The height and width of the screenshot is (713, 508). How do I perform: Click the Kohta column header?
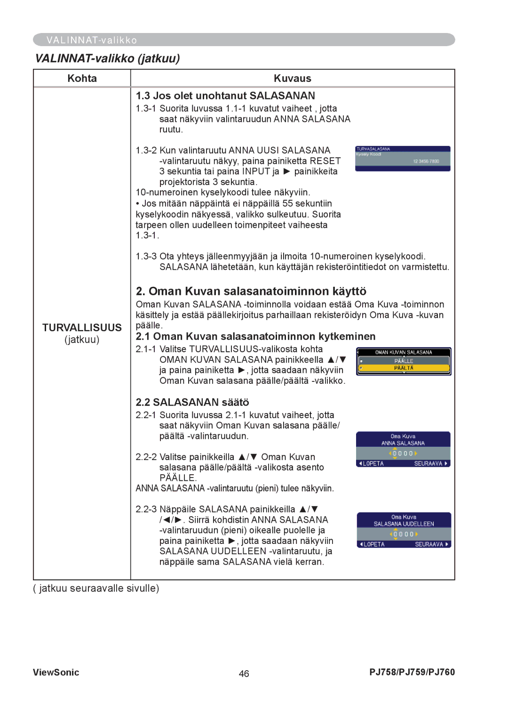(x=82, y=78)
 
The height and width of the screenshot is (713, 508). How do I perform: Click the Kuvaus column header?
(x=292, y=78)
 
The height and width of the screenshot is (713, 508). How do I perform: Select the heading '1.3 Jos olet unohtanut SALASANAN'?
(x=225, y=96)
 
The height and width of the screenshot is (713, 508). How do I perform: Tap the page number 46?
(x=244, y=673)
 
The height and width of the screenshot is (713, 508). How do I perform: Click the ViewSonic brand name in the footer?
(x=56, y=672)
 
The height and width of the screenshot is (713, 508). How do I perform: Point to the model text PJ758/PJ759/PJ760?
(x=412, y=672)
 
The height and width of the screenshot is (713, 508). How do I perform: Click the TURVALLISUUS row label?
(x=82, y=327)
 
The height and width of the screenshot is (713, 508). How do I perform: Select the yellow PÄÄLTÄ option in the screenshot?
(x=404, y=368)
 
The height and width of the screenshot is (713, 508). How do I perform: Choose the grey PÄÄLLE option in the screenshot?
(x=404, y=361)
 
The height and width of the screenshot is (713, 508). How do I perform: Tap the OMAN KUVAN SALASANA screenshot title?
(x=404, y=352)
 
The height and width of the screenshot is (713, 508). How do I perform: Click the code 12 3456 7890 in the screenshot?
(x=426, y=162)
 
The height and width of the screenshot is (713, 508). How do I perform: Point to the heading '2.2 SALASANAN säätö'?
(x=192, y=402)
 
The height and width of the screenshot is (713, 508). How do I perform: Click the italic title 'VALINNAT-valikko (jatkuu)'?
(x=107, y=58)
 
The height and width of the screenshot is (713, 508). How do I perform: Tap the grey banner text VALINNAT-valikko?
(x=92, y=40)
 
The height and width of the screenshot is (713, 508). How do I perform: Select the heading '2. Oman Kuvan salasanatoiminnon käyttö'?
(x=251, y=291)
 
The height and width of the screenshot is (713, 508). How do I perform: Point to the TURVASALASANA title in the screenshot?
(x=373, y=149)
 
